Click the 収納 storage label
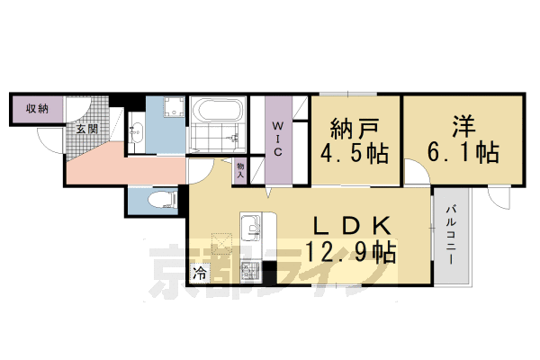(36, 109)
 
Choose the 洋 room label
(462, 125)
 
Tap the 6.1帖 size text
(462, 153)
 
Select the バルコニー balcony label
(450, 231)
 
